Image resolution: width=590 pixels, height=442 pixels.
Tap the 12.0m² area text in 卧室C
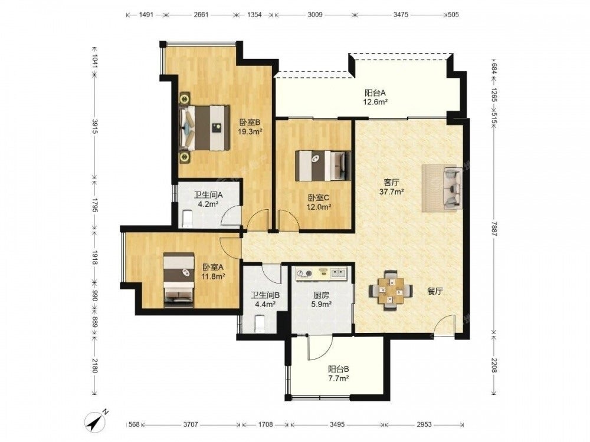pos(319,206)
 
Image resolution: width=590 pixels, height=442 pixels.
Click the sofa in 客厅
pos(453,188)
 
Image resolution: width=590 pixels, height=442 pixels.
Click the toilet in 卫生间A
pos(187,219)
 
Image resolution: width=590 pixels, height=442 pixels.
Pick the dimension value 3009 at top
pos(315,15)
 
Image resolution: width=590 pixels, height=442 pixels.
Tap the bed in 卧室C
pos(323,166)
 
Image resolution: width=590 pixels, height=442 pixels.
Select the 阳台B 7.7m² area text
pos(338,378)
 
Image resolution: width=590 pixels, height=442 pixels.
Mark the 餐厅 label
pos(435,291)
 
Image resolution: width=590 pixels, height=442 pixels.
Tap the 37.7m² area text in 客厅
pos(391,192)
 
